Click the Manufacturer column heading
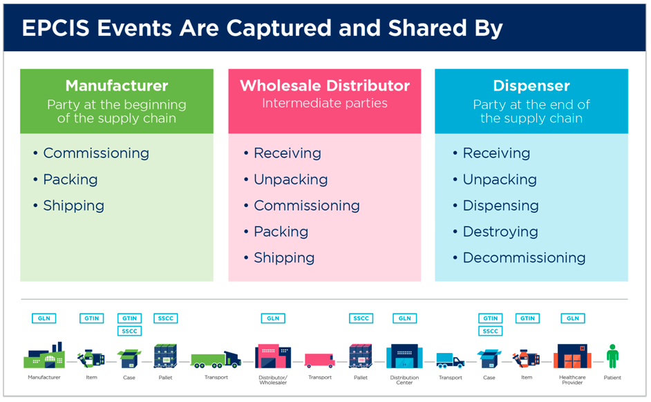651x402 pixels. pos(117,86)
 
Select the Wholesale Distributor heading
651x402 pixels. pos(324,86)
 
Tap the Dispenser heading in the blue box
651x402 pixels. pos(531,86)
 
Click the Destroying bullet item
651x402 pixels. pos(500,231)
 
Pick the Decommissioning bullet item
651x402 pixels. pos(524,258)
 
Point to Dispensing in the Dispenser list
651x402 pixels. pos(500,205)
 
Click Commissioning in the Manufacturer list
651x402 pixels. pos(96,153)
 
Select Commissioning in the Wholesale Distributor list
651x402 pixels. pos(306,205)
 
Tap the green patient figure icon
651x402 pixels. pos(612,356)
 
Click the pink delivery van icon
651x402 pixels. pos(319,360)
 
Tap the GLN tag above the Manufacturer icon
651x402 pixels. pos(44,318)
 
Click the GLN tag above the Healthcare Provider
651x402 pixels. pos(572,318)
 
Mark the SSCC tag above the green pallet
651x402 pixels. pos(165,318)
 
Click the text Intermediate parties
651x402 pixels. pos(324,104)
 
